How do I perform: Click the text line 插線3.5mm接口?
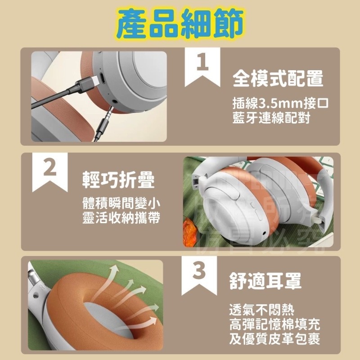point(280,102)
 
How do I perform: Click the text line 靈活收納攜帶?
point(121,217)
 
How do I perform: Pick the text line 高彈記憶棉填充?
point(274,324)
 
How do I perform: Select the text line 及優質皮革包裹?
point(274,339)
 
